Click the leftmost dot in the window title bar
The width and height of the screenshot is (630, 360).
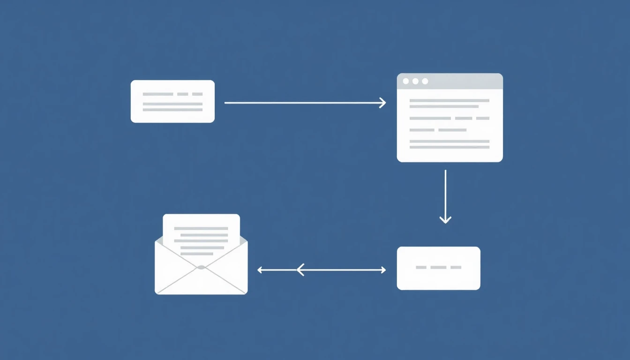tap(406, 81)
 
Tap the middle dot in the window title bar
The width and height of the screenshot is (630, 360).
tap(415, 81)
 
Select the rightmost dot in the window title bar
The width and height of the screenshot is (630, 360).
tap(425, 81)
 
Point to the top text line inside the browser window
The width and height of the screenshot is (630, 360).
tap(449, 100)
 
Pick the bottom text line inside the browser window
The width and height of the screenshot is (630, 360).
tap(449, 147)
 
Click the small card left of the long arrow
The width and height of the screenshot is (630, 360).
tap(172, 101)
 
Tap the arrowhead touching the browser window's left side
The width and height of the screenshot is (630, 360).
tap(383, 103)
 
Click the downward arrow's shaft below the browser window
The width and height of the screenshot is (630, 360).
tap(445, 192)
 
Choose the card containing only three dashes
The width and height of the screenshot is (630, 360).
tap(438, 268)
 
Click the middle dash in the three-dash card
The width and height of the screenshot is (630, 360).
tap(438, 267)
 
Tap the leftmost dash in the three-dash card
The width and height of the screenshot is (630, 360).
tap(421, 267)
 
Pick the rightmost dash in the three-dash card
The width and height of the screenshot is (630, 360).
tap(456, 267)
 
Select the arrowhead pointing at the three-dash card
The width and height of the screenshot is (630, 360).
tap(383, 270)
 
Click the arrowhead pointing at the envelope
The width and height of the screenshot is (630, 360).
tap(260, 270)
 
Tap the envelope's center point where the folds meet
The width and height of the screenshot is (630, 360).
tap(201, 267)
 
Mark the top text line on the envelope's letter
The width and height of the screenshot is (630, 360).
tap(201, 228)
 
